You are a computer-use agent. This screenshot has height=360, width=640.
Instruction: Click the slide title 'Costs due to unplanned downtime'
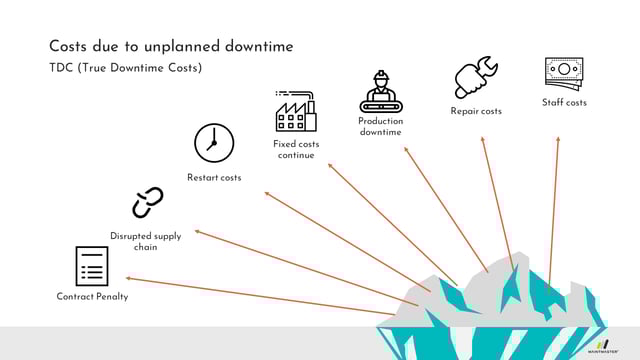point(171,47)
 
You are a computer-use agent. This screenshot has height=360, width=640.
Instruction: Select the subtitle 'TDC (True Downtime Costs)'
point(126,68)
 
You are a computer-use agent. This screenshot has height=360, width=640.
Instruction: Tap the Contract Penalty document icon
point(92,266)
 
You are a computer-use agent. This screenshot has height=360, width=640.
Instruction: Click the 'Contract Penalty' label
point(92,297)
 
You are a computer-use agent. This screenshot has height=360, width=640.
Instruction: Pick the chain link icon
point(147,203)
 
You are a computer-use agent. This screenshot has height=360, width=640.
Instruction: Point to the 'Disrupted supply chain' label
point(146,241)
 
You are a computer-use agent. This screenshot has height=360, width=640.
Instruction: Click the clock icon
point(214,143)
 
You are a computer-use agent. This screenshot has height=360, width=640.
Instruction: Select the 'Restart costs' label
point(214,178)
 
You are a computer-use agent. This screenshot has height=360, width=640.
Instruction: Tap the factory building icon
point(296,111)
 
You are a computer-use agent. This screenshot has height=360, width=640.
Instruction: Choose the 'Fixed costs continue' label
point(296,150)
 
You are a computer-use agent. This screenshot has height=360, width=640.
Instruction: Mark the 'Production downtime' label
point(380,127)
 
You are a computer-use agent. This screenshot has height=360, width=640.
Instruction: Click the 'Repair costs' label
point(476,111)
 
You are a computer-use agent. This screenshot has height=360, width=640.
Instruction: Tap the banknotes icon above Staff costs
point(564,73)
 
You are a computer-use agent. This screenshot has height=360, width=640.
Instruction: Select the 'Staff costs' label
point(565,102)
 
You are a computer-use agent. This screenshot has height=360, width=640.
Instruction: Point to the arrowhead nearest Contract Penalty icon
point(128,278)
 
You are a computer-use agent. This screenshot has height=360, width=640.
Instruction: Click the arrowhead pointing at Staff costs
point(557,139)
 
